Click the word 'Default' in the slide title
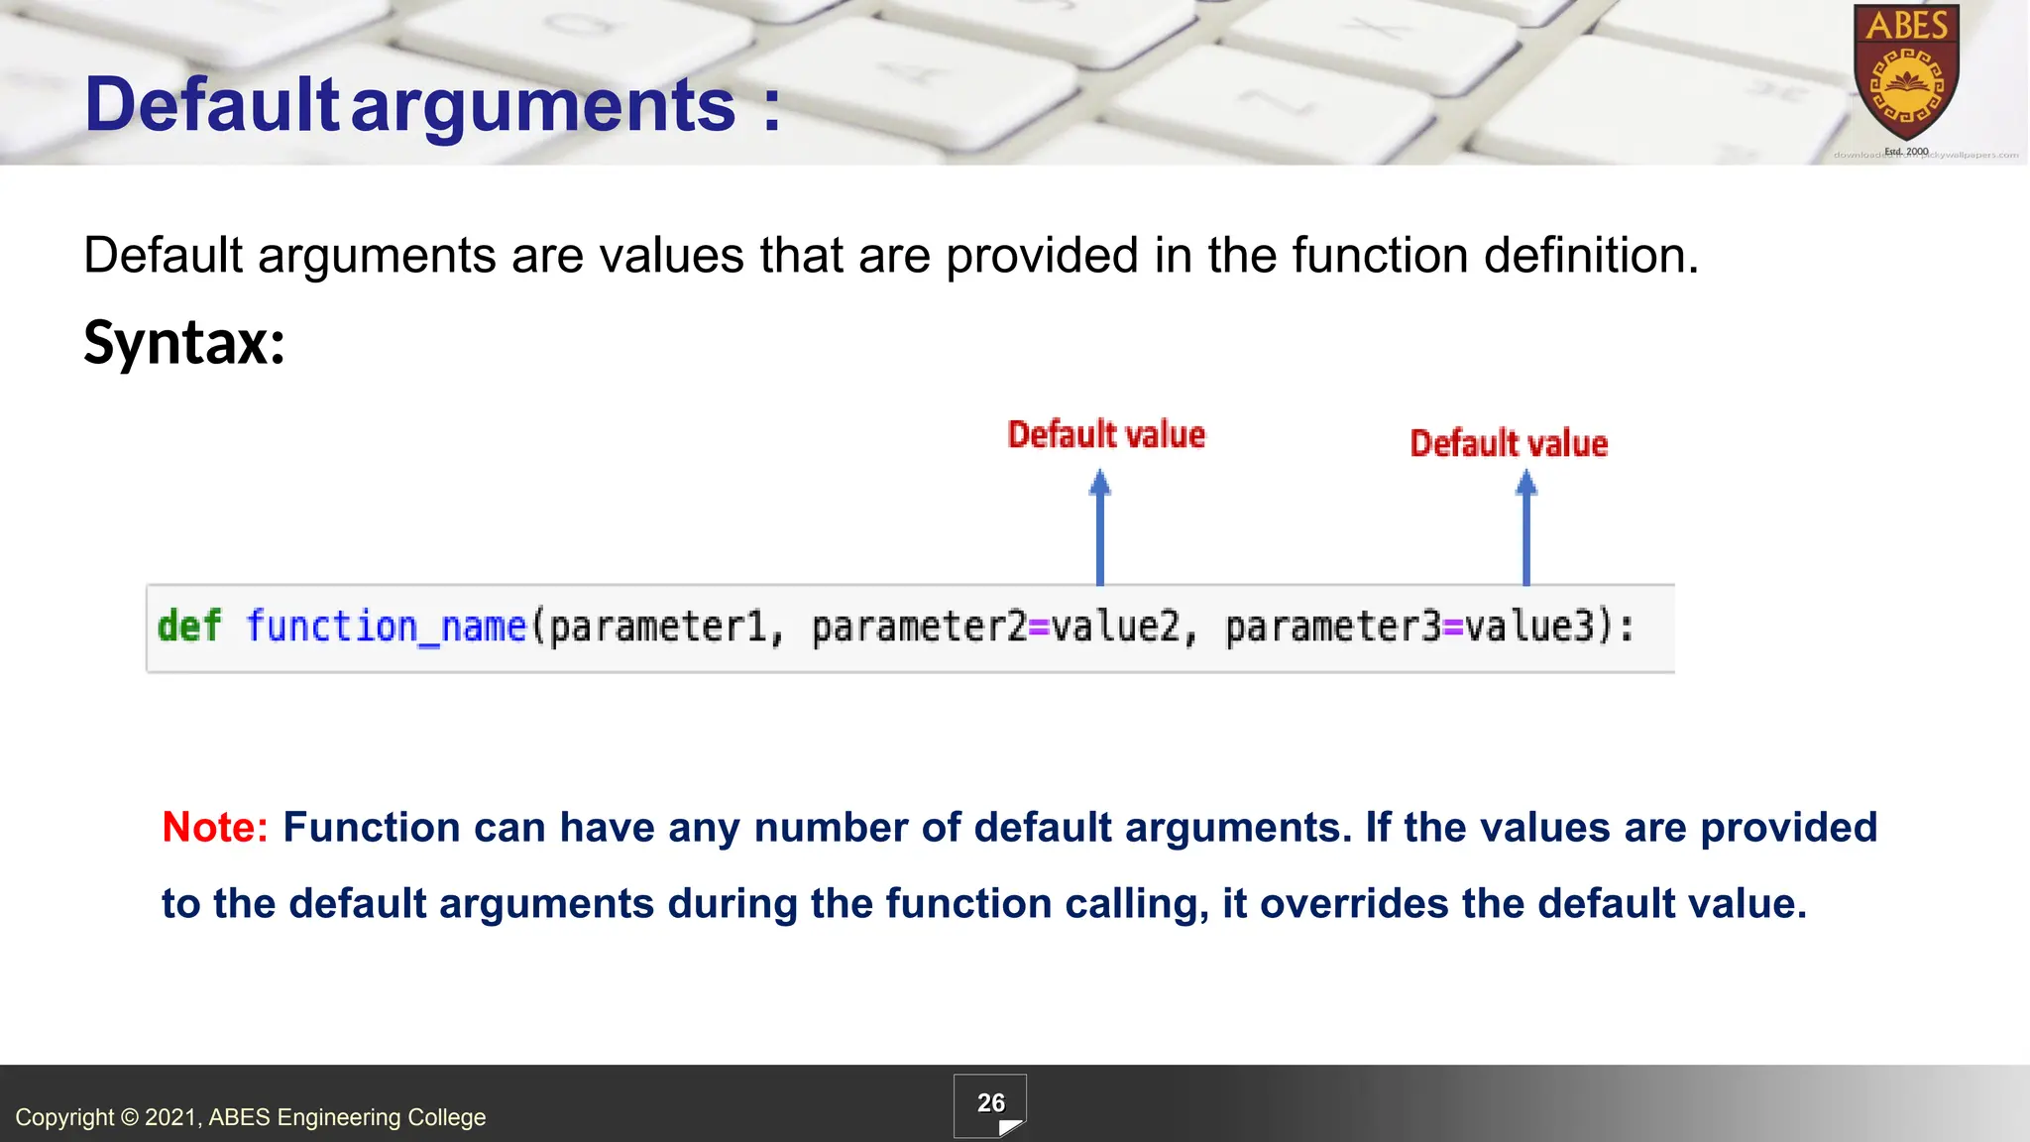point(212,105)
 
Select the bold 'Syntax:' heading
point(184,343)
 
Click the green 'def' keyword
point(189,627)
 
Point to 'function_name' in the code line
point(386,627)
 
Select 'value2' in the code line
point(1116,627)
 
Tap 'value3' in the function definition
point(1529,627)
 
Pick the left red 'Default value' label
point(1106,435)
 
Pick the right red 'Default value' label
point(1509,444)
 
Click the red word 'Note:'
point(215,827)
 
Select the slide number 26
point(990,1103)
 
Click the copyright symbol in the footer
point(129,1117)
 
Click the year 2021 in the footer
point(172,1117)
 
